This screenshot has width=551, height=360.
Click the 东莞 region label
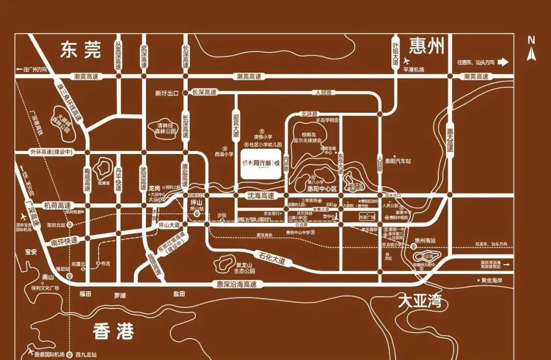(x=81, y=49)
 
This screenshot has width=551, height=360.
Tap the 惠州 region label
(x=427, y=46)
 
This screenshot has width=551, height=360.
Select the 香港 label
(x=113, y=332)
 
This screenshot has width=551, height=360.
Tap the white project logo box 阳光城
(x=261, y=163)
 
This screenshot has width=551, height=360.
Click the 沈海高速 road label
(x=261, y=195)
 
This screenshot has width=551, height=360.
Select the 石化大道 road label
(x=271, y=258)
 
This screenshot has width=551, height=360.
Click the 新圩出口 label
(x=167, y=93)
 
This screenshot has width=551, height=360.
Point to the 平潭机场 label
(x=414, y=70)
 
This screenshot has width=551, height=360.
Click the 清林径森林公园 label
(x=162, y=127)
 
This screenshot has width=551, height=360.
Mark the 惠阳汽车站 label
(x=398, y=161)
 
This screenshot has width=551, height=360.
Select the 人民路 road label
(x=323, y=93)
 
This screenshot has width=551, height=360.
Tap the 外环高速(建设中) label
(x=52, y=152)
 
